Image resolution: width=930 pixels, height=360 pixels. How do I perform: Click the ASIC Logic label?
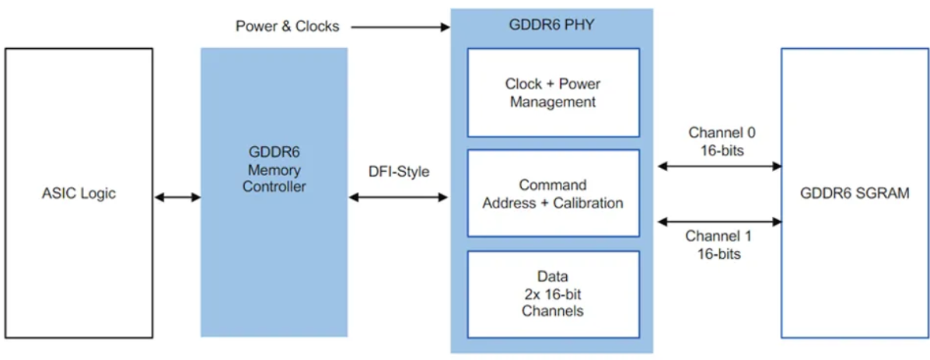tap(79, 194)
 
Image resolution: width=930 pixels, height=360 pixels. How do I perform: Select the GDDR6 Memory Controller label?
tap(274, 172)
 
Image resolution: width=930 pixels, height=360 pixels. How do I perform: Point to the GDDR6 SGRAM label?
tap(855, 194)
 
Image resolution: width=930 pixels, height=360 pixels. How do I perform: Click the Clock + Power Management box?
tap(553, 93)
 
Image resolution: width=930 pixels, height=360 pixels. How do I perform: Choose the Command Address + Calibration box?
tap(553, 194)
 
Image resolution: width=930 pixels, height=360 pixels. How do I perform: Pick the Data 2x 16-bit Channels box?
tap(553, 294)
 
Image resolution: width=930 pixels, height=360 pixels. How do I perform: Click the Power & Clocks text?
tap(288, 26)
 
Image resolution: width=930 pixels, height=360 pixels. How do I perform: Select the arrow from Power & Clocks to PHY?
tap(400, 27)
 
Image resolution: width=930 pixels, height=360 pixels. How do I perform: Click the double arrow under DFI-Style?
tap(399, 198)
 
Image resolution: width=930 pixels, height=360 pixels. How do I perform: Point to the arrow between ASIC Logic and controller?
tap(177, 197)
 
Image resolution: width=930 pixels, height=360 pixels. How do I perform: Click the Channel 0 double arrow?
tap(719, 166)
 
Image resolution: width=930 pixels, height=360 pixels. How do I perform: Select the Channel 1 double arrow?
tap(719, 222)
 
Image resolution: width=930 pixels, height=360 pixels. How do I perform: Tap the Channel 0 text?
tap(722, 132)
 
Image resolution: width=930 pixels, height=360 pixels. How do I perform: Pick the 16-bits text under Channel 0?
tap(722, 150)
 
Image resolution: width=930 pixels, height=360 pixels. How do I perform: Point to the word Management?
tap(553, 102)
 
